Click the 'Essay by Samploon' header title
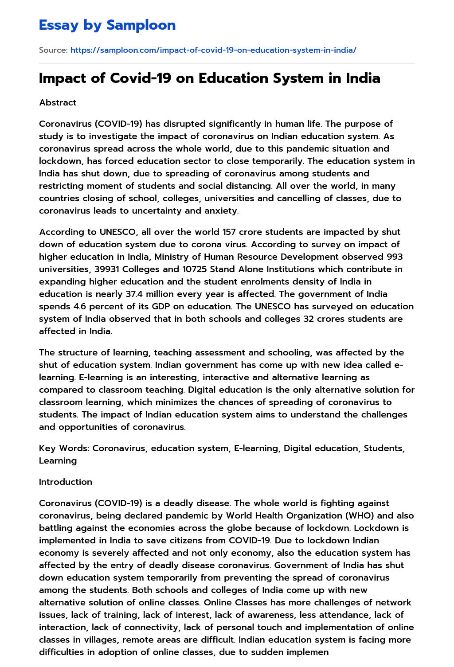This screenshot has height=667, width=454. (107, 25)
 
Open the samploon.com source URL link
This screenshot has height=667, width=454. (213, 50)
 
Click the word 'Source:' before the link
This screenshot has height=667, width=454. (53, 50)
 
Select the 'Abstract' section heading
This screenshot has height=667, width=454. (58, 102)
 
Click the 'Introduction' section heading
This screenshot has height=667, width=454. (66, 482)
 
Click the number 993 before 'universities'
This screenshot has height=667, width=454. (395, 257)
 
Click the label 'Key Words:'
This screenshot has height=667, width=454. (64, 448)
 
